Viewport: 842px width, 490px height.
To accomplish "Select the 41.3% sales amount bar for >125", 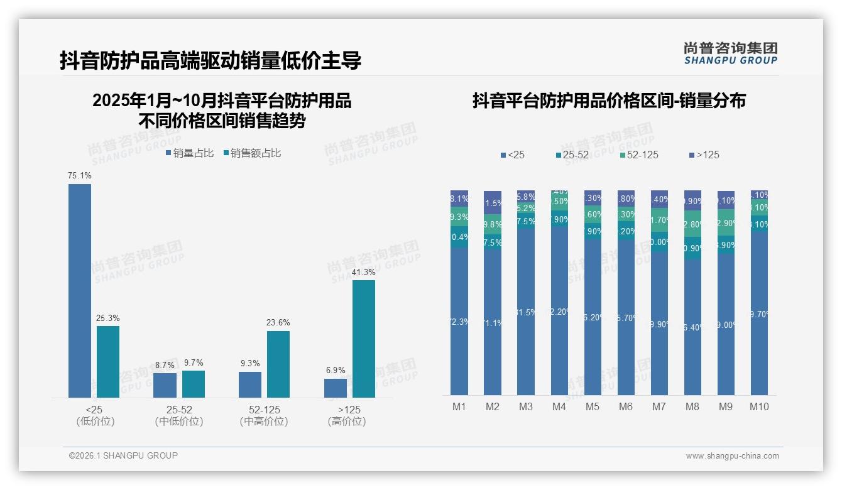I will click(x=363, y=339).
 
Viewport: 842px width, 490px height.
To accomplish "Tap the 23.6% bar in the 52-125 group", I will click(x=278, y=364).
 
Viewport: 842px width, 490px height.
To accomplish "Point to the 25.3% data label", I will click(x=108, y=318).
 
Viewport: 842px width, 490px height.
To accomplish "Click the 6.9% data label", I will click(x=336, y=371).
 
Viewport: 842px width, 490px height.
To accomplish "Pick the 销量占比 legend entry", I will click(x=190, y=153).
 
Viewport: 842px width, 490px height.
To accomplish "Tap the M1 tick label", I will click(x=459, y=406).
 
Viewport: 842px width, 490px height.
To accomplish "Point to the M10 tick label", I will click(x=759, y=406).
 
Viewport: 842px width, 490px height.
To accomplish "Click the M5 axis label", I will click(x=593, y=406).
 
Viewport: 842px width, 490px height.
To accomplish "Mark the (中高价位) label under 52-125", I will click(x=264, y=422).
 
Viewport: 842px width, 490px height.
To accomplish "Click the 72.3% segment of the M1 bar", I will click(x=459, y=321).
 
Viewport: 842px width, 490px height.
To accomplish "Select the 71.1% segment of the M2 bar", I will click(x=493, y=322).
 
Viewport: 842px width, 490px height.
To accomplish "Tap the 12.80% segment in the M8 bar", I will click(x=692, y=224).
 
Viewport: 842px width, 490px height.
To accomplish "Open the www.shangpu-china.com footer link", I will click(x=732, y=456).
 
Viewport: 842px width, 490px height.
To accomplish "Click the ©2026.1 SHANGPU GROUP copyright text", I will click(x=123, y=455).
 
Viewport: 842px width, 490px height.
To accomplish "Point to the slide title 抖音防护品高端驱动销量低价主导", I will click(x=210, y=61).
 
